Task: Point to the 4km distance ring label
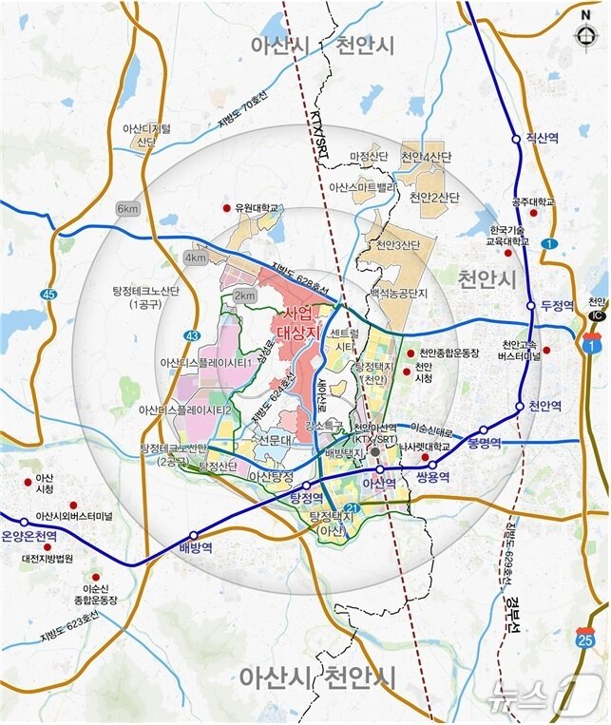tap(196, 258)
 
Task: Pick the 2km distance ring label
tap(244, 296)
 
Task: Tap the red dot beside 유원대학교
tap(226, 207)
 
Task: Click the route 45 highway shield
tap(48, 296)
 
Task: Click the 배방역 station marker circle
tap(195, 535)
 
